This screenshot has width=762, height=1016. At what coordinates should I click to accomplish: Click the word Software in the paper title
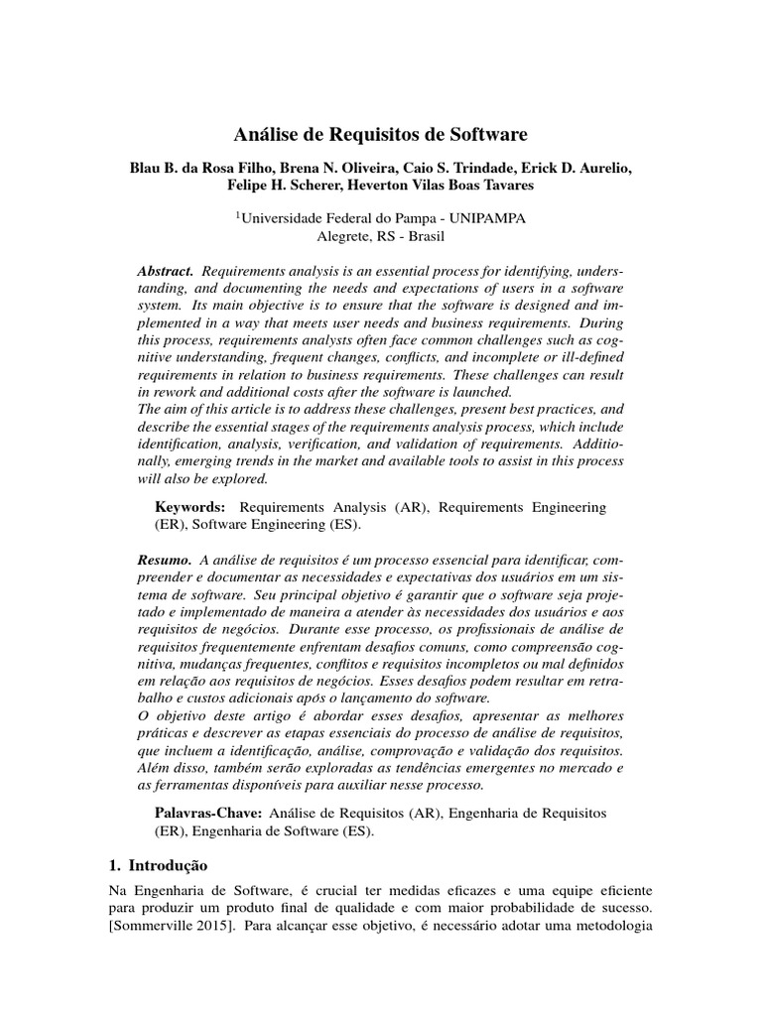point(489,132)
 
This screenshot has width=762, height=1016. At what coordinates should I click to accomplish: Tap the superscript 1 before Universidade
point(237,213)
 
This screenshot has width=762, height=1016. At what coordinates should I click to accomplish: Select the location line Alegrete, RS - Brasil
point(381,237)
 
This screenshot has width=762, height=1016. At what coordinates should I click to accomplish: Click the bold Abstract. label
point(168,271)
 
